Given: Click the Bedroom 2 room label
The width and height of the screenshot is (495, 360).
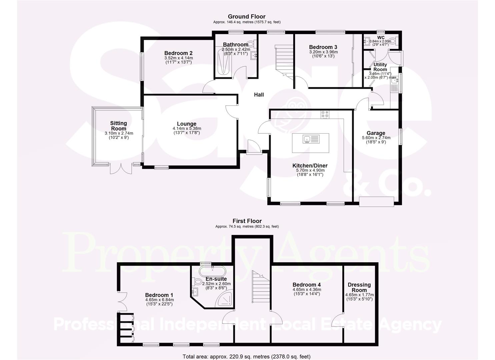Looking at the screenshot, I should [178, 53].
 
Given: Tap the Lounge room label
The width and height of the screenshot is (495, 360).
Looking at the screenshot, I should [187, 124].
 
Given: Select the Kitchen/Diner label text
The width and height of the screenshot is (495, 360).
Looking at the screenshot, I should [310, 166].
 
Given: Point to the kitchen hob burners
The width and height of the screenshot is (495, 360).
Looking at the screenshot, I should [325, 115].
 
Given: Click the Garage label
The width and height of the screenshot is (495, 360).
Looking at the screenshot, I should [376, 133].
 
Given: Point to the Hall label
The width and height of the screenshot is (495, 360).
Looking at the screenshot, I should [259, 95].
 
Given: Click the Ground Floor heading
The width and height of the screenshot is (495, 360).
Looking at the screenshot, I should [247, 16].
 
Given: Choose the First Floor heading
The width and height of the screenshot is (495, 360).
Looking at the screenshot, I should [247, 221].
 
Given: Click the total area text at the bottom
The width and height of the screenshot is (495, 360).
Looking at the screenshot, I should [247, 356].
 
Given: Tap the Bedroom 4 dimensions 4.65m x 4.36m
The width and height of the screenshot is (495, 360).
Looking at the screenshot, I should [307, 290].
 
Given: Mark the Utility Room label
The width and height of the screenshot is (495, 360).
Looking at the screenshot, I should [380, 67].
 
